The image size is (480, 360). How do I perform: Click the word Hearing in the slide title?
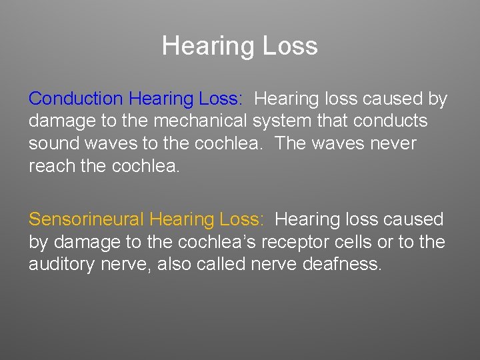pos(201,46)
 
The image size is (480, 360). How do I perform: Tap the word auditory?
pos(62,264)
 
